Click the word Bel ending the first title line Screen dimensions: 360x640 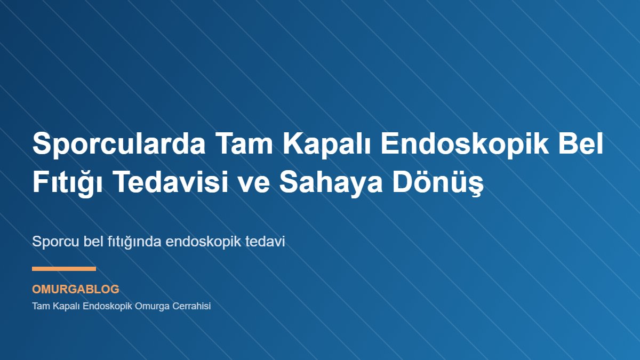[x=583, y=145]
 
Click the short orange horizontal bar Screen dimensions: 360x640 [x=64, y=269]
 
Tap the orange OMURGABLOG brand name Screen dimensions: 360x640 [x=76, y=290]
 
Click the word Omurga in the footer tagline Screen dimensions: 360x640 [x=156, y=307]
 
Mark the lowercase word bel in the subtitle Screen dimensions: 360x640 [x=94, y=241]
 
